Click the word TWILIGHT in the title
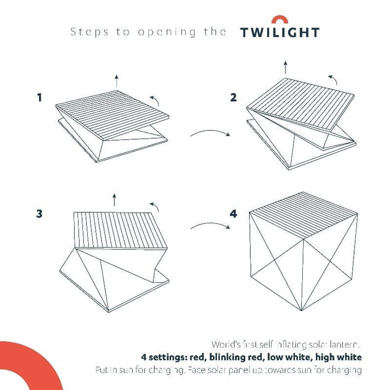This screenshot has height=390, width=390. (x=279, y=32)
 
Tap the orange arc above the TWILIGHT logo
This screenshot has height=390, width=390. (x=279, y=19)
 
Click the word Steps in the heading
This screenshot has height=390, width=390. (x=86, y=32)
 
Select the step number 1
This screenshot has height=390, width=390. (x=39, y=97)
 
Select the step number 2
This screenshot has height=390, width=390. (x=233, y=97)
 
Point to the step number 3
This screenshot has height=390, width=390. (x=39, y=213)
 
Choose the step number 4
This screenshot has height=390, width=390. (x=233, y=213)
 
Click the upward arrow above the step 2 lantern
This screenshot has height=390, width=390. (x=286, y=68)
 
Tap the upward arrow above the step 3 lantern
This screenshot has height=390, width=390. (x=114, y=199)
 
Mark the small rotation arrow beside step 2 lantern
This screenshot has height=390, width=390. (x=336, y=80)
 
